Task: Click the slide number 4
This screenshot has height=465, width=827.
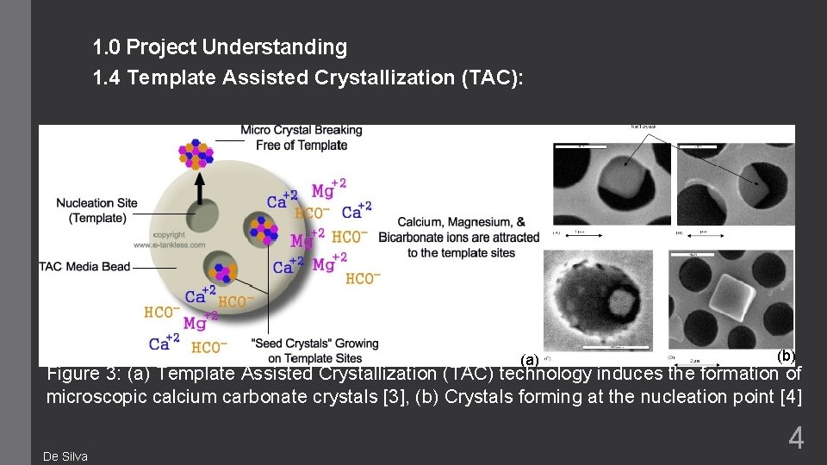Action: coord(796,438)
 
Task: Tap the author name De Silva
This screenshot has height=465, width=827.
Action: coord(65,456)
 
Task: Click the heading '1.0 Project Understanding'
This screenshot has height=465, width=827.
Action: coord(220,47)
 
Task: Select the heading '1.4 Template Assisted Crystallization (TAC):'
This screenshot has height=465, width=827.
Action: coord(308,78)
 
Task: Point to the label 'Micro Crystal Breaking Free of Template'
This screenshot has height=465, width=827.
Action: coord(302,138)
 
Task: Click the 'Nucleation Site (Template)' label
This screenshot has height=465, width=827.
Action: coord(96,210)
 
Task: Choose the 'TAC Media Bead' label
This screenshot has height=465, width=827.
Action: coord(84,266)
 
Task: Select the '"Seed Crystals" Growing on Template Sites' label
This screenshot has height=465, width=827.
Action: coord(314,350)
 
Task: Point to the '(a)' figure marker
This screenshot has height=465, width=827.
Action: coord(530,359)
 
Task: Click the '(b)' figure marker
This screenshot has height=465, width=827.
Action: coord(785,355)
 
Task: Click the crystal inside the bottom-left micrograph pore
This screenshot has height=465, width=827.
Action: coord(619,301)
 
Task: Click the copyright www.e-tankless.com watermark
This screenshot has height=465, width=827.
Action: coord(180,239)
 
